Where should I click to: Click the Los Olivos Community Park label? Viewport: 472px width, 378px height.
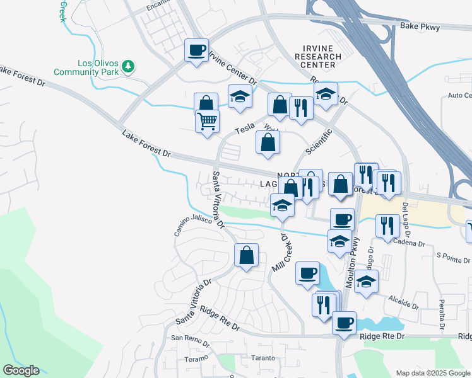pos(95,68)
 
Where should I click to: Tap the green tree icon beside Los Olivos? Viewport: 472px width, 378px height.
pos(128,66)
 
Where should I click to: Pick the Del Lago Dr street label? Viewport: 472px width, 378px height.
pos(407,218)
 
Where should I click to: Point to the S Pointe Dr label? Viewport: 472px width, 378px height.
pos(454,258)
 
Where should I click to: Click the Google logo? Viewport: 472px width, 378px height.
pos(21,370)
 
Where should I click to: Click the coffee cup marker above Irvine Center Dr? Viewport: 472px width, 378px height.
pos(197,50)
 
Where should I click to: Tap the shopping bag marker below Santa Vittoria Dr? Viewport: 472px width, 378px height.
pos(246,256)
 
